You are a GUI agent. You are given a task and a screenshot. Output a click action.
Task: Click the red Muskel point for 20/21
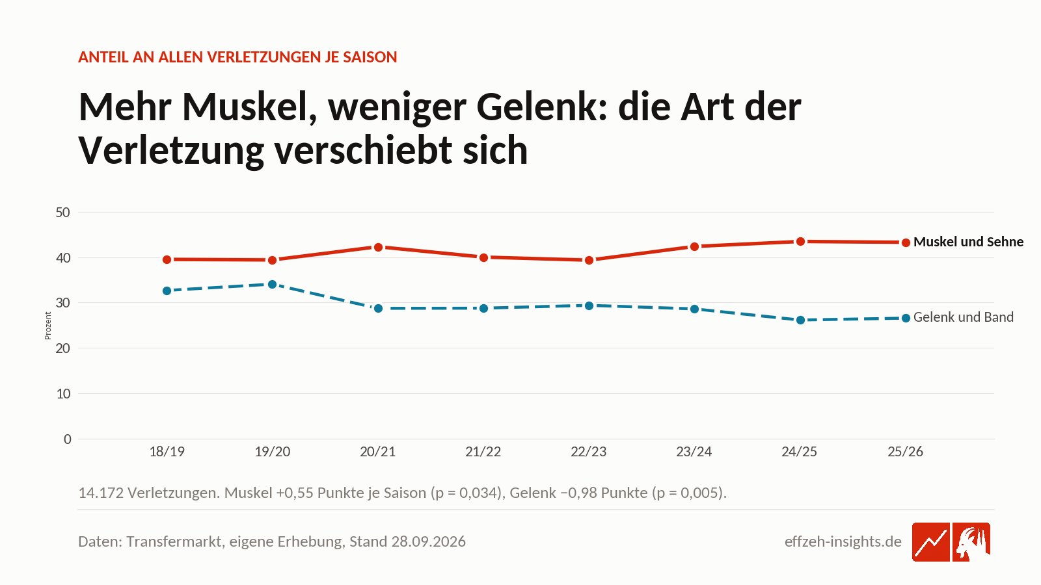378,248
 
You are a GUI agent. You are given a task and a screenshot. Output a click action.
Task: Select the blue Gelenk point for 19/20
273,284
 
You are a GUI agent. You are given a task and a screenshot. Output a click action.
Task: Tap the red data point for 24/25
800,241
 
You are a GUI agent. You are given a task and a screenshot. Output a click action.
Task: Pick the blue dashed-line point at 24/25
800,320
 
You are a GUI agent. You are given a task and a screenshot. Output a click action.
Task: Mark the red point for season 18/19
167,259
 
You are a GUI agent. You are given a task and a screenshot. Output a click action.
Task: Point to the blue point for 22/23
589,305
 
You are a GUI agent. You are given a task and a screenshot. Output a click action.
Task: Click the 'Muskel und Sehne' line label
969,242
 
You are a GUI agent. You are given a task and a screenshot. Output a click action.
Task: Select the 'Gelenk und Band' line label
964,317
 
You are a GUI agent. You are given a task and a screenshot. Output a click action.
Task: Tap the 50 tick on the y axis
62,213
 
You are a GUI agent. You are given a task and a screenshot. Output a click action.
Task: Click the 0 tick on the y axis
68,439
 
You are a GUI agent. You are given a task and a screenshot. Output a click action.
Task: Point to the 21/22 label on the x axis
483,452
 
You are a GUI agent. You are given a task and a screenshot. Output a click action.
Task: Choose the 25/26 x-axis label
905,452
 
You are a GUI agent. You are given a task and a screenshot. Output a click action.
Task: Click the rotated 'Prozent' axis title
48,326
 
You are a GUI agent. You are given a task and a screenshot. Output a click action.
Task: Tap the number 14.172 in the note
101,493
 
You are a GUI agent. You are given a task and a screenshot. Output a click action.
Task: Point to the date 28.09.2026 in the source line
429,541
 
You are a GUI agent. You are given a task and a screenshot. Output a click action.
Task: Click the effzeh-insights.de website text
843,541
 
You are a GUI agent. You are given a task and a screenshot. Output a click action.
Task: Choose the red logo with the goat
971,542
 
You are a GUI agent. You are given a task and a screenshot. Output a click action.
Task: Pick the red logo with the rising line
931,542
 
